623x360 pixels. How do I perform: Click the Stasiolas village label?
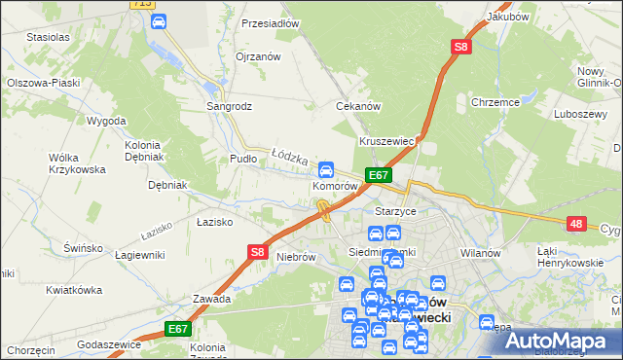[48, 37]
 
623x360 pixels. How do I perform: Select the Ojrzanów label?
[258, 56]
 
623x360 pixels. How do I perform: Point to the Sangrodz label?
[229, 105]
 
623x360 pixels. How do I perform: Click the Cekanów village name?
[356, 105]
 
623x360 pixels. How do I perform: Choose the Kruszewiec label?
[387, 141]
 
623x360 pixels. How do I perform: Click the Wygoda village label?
[105, 121]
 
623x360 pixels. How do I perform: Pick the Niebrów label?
[297, 258]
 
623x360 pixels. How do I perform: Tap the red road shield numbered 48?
[577, 224]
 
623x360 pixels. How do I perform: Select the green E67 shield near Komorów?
[379, 175]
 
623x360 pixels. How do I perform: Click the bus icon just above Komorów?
[328, 168]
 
